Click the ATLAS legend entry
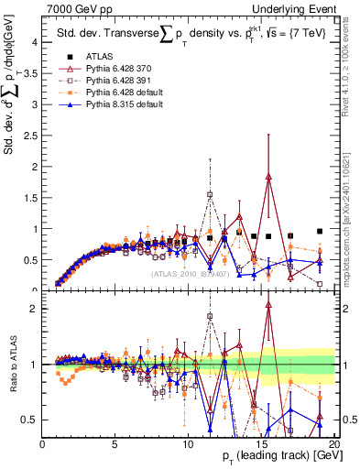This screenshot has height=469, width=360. tap(98, 57)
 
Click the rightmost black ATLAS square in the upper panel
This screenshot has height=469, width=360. tap(320, 232)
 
